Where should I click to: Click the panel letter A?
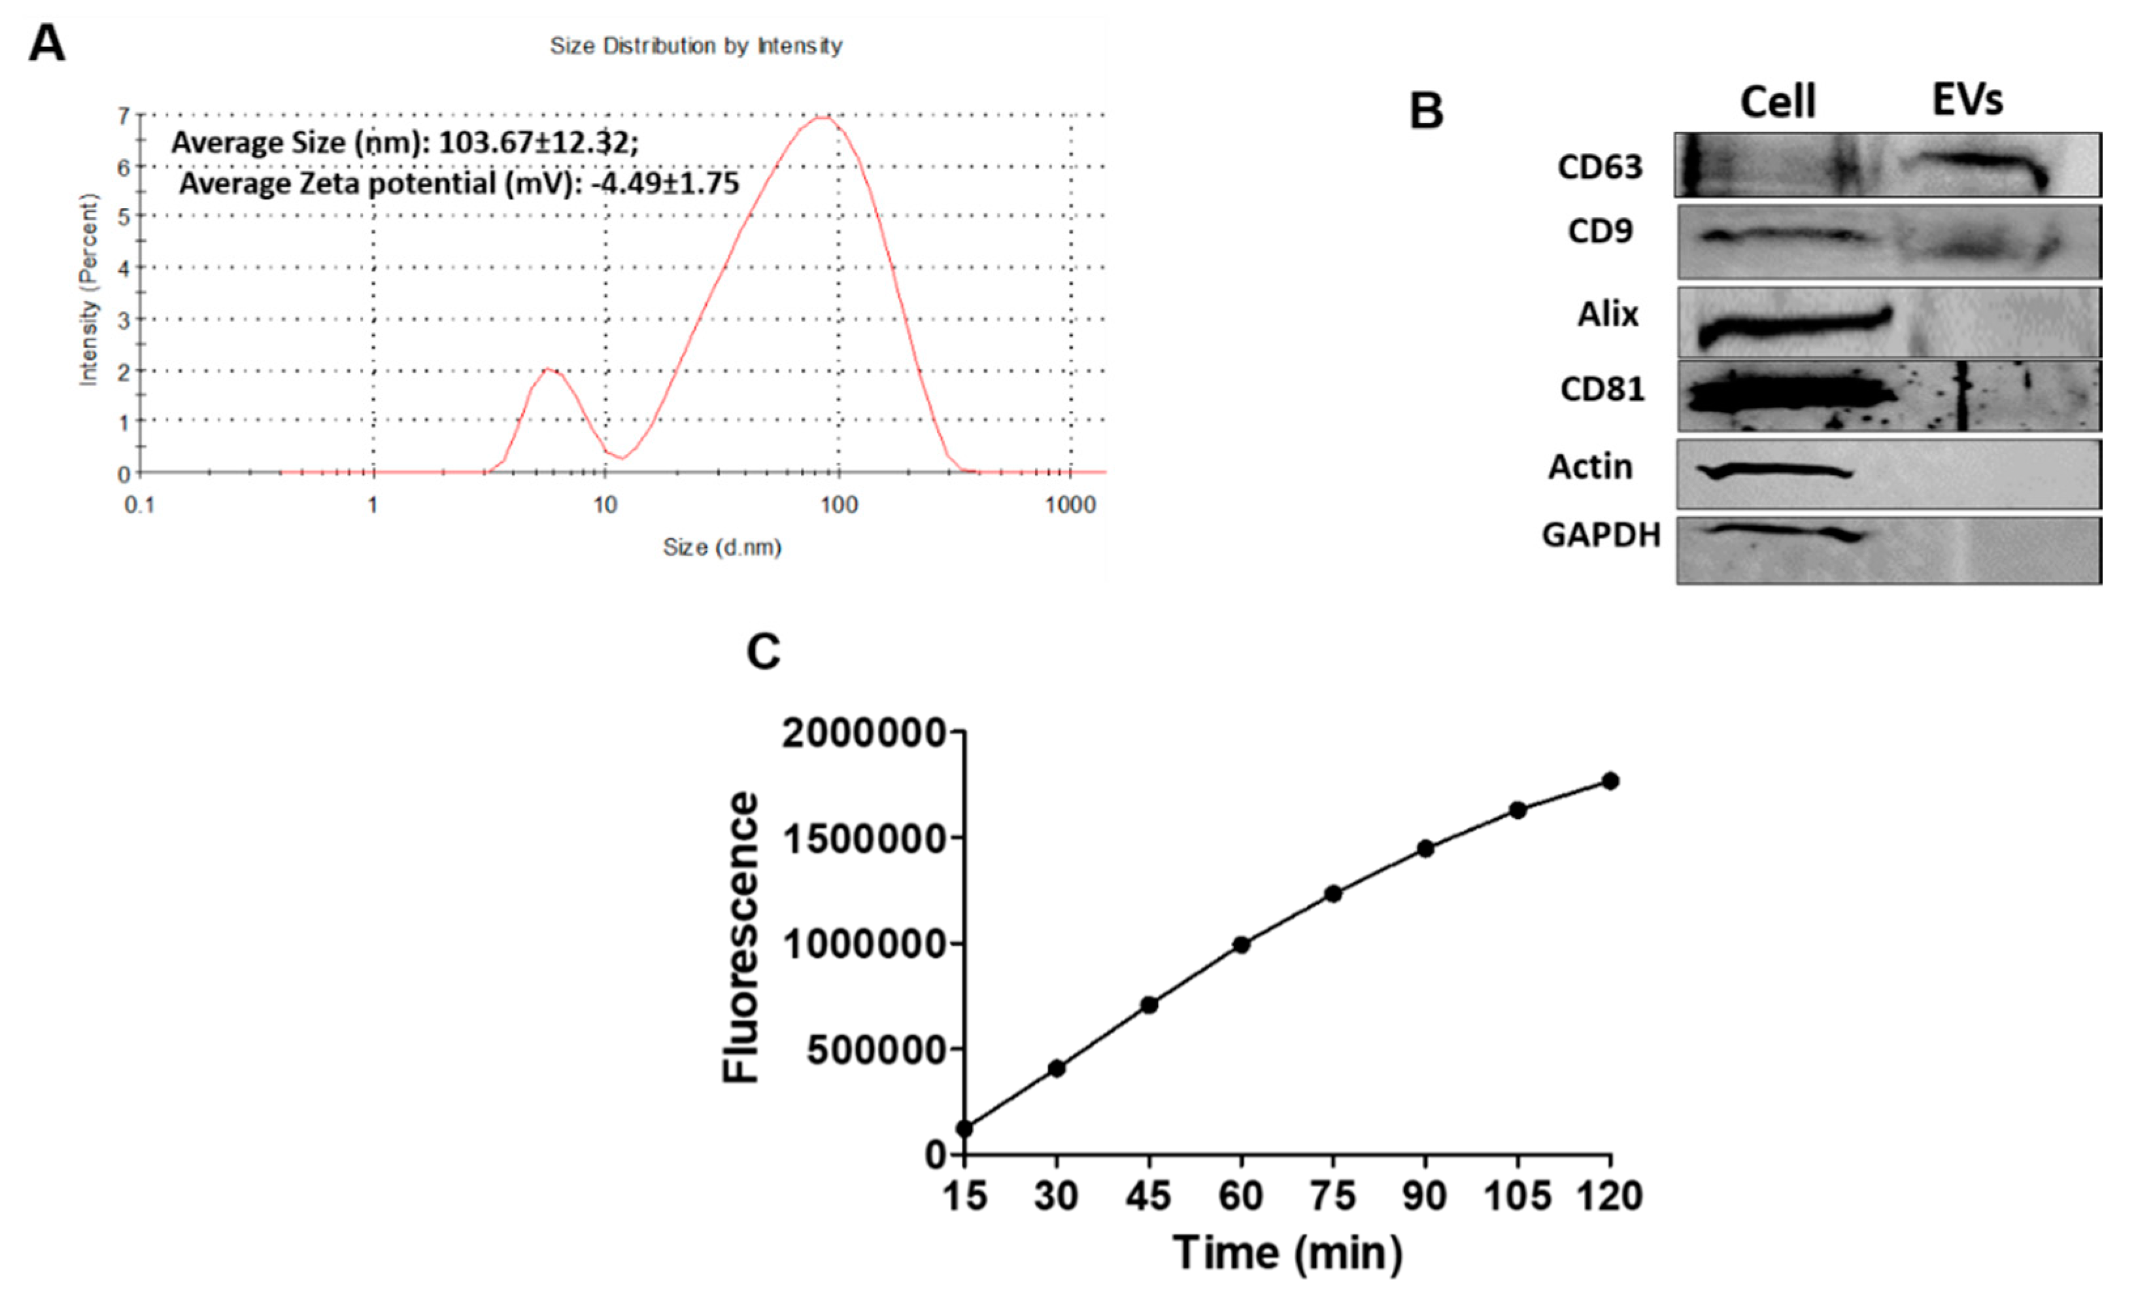click(x=47, y=43)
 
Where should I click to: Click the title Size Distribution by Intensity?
click(x=696, y=46)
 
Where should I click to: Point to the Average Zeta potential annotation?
click(x=459, y=184)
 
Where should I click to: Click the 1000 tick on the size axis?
click(x=1070, y=505)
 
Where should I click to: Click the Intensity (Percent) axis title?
click(x=88, y=290)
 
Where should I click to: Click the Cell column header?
click(x=1777, y=102)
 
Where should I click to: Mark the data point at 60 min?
click(x=1241, y=944)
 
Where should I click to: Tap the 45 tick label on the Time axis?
click(x=1149, y=1197)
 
